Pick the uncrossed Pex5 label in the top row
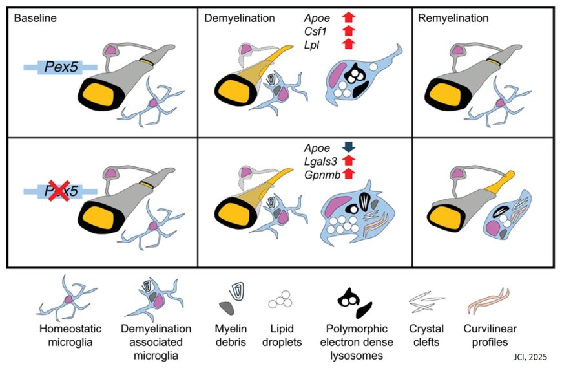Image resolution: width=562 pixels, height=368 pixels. click(x=60, y=66)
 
